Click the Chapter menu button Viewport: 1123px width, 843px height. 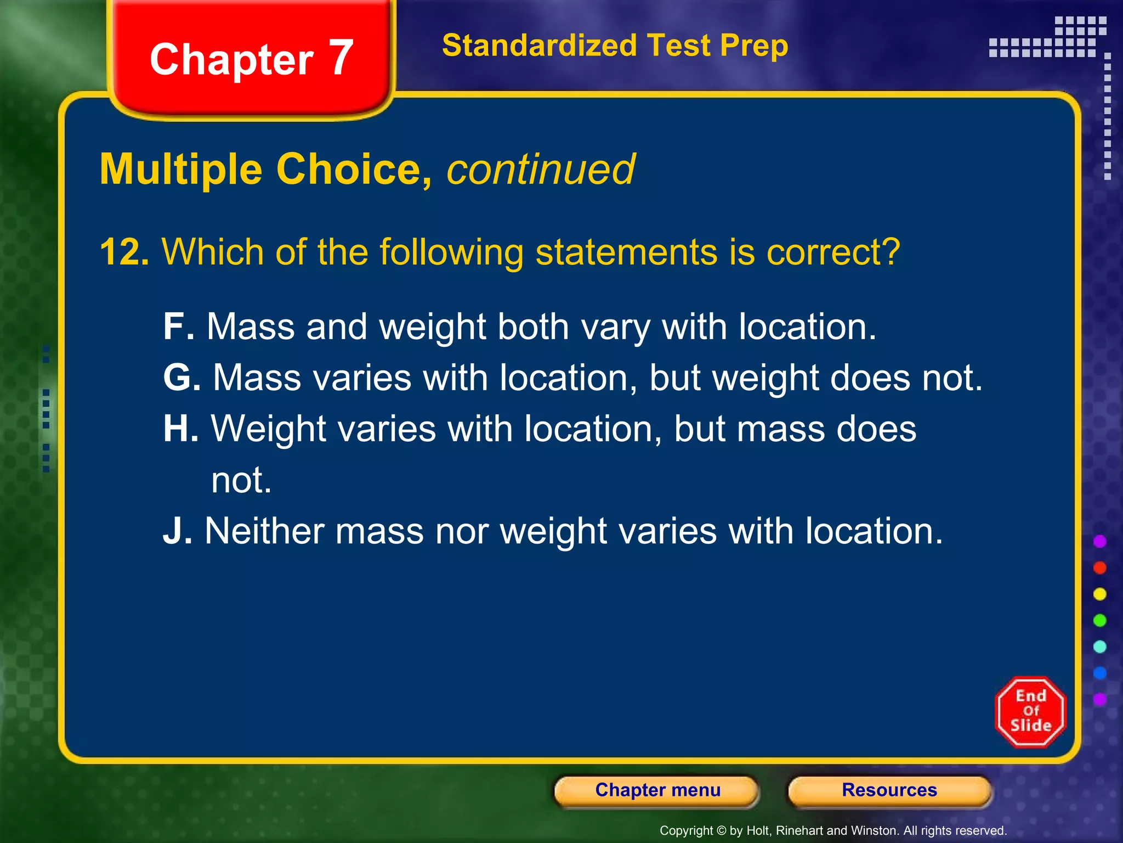(x=657, y=790)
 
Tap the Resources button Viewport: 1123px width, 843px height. (x=889, y=790)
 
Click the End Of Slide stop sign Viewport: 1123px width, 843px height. (x=1030, y=712)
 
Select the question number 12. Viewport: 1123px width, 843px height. (x=124, y=252)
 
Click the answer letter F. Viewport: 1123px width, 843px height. (x=178, y=327)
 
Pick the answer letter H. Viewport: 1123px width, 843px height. (x=180, y=429)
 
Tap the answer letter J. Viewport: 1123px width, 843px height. (x=177, y=531)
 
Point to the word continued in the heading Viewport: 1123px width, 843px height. (x=541, y=170)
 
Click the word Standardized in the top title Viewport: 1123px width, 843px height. (x=540, y=46)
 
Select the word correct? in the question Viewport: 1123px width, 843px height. (x=833, y=252)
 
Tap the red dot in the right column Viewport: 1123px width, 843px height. (x=1099, y=568)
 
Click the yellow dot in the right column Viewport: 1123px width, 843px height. (x=1099, y=594)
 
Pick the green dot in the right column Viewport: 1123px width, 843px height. (x=1099, y=621)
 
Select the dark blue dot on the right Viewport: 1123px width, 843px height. (x=1099, y=673)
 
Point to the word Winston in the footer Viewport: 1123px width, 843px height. (x=872, y=831)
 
